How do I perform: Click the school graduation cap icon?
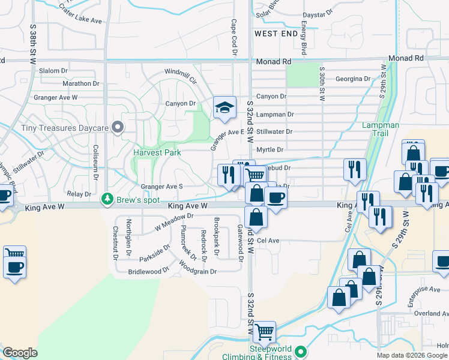pos(224,108)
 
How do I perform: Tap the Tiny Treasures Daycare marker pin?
pos(118,127)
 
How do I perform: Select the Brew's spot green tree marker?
pos(107,197)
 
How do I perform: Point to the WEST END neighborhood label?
pos(276,34)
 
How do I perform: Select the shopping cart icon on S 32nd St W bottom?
pos(264,331)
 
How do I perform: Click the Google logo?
pos(20,353)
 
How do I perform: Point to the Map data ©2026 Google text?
pos(412,355)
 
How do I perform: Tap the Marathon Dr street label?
pos(80,83)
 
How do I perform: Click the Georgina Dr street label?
pos(353,79)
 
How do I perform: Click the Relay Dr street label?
pos(79,194)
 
